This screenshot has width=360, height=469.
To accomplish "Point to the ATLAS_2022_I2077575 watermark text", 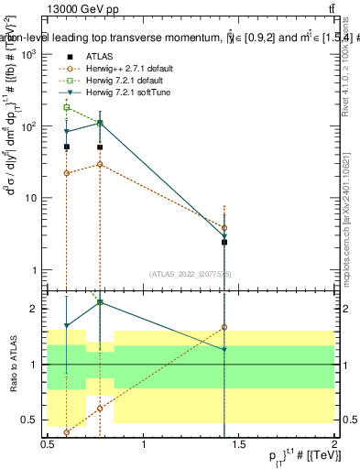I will (x=191, y=273).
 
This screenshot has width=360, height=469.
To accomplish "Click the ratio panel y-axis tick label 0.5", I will (x=27, y=420).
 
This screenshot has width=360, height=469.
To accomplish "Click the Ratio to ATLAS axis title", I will (x=12, y=365).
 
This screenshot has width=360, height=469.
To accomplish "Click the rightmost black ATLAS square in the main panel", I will (x=224, y=242).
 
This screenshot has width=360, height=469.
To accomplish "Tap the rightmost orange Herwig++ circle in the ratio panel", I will (x=224, y=327).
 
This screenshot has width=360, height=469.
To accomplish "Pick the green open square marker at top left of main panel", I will (x=67, y=107).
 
